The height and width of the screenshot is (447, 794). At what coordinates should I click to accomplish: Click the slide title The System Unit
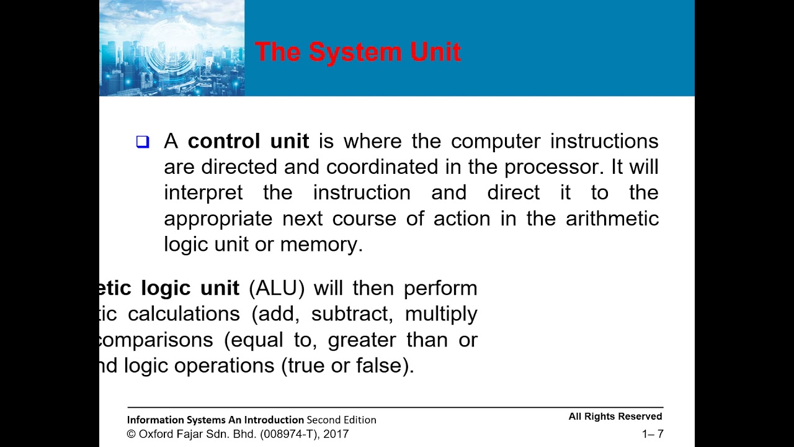pyautogui.click(x=358, y=52)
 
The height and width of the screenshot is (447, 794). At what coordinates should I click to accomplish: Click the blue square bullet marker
pyautogui.click(x=143, y=142)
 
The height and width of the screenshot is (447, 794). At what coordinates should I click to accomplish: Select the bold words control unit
pyautogui.click(x=248, y=142)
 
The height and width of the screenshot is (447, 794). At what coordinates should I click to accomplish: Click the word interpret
pyautogui.click(x=203, y=193)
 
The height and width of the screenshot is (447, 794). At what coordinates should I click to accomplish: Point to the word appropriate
pyautogui.click(x=218, y=219)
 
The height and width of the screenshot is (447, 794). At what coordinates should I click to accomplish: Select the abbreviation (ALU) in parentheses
pyautogui.click(x=277, y=288)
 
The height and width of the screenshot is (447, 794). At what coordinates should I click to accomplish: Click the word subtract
pyautogui.click(x=352, y=314)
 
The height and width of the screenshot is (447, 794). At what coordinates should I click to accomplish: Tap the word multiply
pyautogui.click(x=441, y=314)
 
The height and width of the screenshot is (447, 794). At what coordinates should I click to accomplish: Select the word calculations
pyautogui.click(x=184, y=314)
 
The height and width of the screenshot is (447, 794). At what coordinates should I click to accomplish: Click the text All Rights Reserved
pyautogui.click(x=615, y=417)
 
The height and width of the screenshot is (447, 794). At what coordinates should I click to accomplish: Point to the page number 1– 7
pyautogui.click(x=653, y=434)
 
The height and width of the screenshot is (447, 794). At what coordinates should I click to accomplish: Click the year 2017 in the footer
pyautogui.click(x=336, y=434)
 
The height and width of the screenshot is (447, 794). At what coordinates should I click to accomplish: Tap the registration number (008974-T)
pyautogui.click(x=282, y=434)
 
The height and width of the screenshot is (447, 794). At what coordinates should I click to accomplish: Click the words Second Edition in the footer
pyautogui.click(x=341, y=420)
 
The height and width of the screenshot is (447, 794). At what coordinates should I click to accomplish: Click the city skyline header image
pyautogui.click(x=172, y=48)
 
